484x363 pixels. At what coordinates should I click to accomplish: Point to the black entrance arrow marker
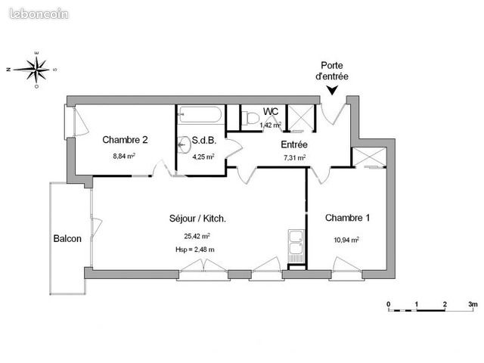[331, 92]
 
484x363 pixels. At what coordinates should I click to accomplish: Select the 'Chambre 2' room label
[125, 140]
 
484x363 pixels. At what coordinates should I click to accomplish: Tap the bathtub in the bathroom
[200, 116]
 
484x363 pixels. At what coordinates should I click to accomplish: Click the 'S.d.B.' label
[204, 141]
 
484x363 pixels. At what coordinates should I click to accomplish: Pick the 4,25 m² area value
[203, 157]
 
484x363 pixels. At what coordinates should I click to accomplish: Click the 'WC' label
[271, 111]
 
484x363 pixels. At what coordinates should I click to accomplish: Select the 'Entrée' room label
[294, 144]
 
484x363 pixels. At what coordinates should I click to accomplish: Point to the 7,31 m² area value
[294, 158]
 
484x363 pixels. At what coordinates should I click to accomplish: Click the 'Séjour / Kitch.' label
[198, 219]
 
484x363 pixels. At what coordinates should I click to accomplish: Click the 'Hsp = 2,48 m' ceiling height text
[194, 249]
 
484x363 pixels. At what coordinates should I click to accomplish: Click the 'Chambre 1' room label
[348, 219]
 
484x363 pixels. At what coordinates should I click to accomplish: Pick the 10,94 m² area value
[346, 240]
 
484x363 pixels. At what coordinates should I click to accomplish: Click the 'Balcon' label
[67, 239]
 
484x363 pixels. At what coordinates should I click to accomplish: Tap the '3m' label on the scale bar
[473, 304]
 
